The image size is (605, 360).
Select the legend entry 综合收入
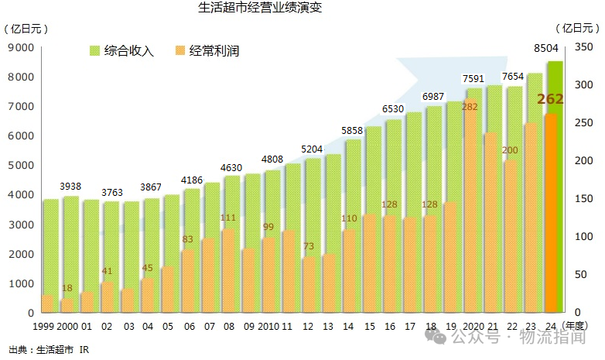(x=122, y=52)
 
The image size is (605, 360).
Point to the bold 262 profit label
(x=550, y=99)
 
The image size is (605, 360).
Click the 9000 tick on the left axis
(x=21, y=47)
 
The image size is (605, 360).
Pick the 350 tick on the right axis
(x=582, y=47)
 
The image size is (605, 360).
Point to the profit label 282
(x=470, y=106)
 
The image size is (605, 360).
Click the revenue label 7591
(x=473, y=79)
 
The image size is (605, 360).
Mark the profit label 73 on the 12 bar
(x=308, y=246)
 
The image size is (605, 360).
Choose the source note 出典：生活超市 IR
(x=49, y=350)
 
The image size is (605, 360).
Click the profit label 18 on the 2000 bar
(x=67, y=288)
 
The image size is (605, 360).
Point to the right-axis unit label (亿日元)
(x=580, y=29)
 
